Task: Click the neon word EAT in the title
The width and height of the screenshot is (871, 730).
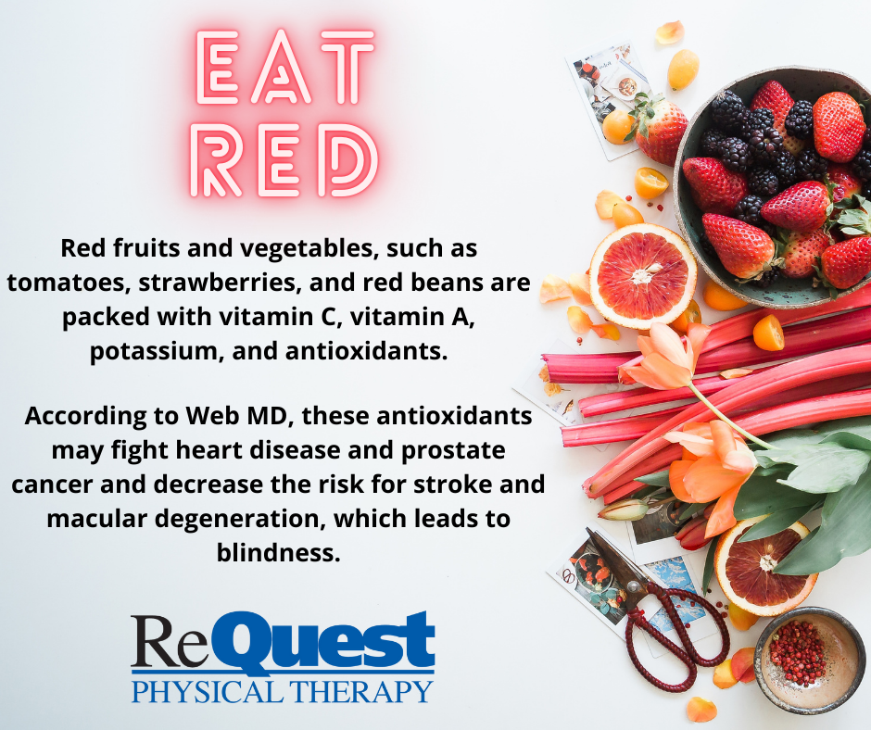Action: (x=285, y=67)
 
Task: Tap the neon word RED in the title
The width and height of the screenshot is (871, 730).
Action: (x=284, y=160)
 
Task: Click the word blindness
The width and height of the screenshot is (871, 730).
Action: (x=278, y=553)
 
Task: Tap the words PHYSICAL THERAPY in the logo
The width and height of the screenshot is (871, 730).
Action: (x=283, y=691)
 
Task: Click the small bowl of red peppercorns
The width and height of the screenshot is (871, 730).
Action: (x=810, y=660)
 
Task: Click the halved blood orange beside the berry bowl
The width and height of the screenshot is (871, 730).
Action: (x=643, y=275)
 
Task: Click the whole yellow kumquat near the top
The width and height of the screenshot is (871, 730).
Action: (x=683, y=69)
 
